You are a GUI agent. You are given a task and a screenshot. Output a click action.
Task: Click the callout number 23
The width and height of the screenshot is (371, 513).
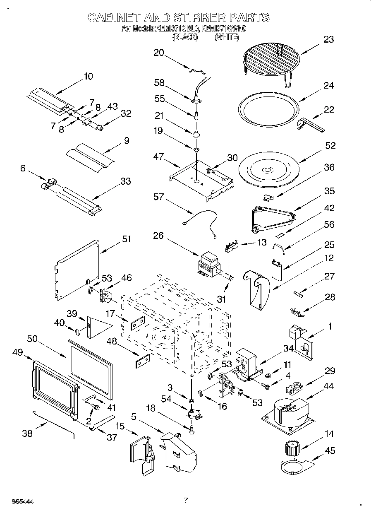328,40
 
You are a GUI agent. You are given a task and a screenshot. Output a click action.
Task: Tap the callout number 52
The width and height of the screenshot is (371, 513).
330,146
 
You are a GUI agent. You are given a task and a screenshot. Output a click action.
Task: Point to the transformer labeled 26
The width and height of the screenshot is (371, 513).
208,265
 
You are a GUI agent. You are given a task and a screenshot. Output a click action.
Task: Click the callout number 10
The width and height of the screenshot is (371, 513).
88,76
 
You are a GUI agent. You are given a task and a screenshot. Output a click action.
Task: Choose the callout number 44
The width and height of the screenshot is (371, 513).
329,386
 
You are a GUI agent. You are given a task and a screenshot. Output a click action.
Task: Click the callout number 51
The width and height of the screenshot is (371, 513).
126,239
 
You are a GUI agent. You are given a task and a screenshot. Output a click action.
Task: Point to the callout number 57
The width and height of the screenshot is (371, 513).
158,197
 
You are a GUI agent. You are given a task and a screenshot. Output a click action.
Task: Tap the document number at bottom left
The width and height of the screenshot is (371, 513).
23,501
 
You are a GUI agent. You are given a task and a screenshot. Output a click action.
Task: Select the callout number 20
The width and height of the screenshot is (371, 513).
158,53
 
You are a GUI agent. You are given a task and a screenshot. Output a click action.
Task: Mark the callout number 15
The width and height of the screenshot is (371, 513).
120,426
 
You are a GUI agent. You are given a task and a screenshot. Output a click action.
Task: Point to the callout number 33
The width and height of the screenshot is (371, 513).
125,181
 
